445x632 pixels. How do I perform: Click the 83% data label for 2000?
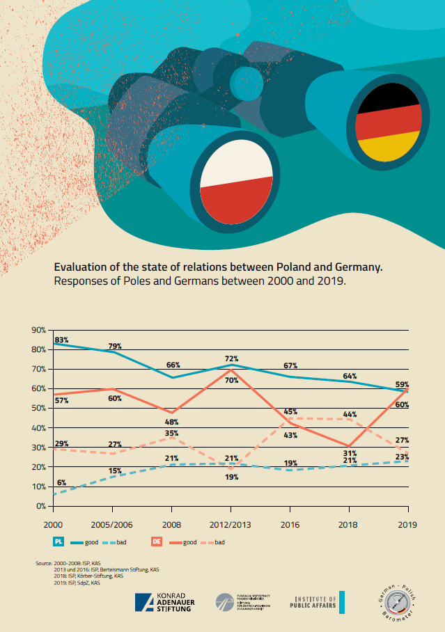point(61,340)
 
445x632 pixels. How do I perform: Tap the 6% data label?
point(61,483)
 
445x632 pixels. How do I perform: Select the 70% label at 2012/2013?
point(231,380)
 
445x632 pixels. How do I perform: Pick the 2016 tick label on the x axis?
point(290,523)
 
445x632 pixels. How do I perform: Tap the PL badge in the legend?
point(58,542)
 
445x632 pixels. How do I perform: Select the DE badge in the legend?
point(157,542)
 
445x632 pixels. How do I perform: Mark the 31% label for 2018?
point(349,454)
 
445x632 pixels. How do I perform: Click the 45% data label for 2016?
point(290,411)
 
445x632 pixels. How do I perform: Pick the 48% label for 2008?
point(173,422)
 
